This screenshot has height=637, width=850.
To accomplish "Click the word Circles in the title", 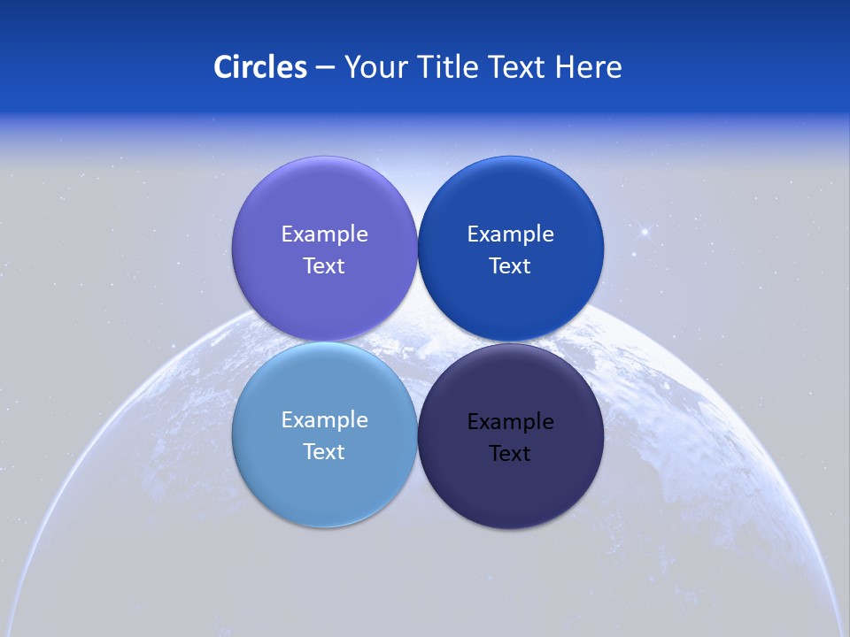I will click(x=260, y=67).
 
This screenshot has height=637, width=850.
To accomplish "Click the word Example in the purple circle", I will click(x=324, y=234).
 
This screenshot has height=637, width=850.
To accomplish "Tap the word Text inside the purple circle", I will click(x=324, y=266).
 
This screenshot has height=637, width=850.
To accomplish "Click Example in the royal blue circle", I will click(x=510, y=234).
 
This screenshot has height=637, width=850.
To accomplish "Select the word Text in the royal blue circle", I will click(x=510, y=266).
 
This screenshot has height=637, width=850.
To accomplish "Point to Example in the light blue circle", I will click(x=324, y=420).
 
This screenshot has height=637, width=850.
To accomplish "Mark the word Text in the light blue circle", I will click(x=324, y=452).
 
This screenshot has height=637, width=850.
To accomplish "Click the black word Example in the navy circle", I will click(x=510, y=422).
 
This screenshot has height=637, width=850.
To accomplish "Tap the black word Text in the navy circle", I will click(x=510, y=454).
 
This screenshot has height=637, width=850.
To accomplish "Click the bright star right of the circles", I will click(x=645, y=233).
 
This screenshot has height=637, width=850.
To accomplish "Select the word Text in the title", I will click(x=518, y=67).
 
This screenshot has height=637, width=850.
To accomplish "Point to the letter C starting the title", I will click(x=223, y=67).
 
